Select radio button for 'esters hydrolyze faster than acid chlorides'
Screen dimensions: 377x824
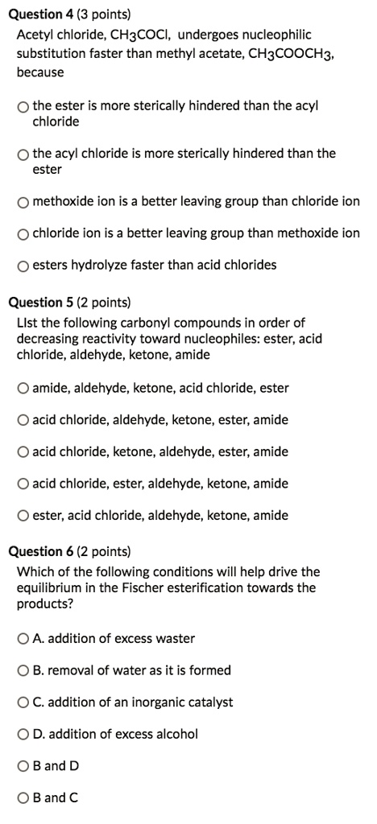(23, 265)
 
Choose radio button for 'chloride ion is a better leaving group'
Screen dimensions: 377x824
(23, 233)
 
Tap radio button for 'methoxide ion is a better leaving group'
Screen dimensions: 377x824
(23, 201)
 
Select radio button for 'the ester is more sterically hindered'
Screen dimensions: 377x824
(23, 106)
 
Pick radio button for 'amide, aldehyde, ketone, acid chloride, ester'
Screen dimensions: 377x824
(23, 388)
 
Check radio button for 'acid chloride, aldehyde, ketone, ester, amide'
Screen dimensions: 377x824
(23, 420)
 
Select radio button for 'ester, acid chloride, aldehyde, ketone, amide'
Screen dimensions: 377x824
(23, 516)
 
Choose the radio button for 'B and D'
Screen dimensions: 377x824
(23, 766)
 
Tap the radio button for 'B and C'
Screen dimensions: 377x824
(23, 798)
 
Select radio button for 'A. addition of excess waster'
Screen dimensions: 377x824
(23, 639)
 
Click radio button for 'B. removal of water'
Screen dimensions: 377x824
(23, 670)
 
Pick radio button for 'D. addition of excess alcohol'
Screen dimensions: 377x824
(23, 734)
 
